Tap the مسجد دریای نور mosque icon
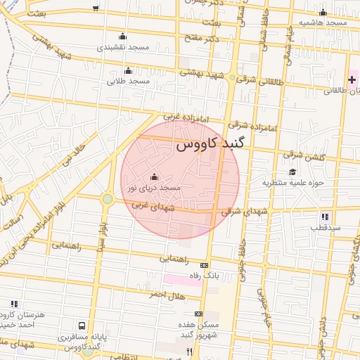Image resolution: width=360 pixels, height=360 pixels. tap(155, 176)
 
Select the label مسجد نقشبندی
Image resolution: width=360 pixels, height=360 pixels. tap(124, 47)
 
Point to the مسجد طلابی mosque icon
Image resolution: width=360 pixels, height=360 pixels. tap(128, 70)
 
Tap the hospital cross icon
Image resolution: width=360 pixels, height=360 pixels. tap(352, 80)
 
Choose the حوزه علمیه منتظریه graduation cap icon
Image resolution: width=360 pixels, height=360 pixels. tap(292, 172)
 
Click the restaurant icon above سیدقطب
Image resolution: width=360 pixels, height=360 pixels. tap(324, 217)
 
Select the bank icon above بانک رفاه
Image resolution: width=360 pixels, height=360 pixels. tap(205, 265)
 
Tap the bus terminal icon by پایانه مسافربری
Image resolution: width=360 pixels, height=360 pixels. tap(82, 326)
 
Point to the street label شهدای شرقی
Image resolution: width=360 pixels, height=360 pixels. tap(245, 210)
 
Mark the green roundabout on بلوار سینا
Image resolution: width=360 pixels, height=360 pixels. tap(107, 199)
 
